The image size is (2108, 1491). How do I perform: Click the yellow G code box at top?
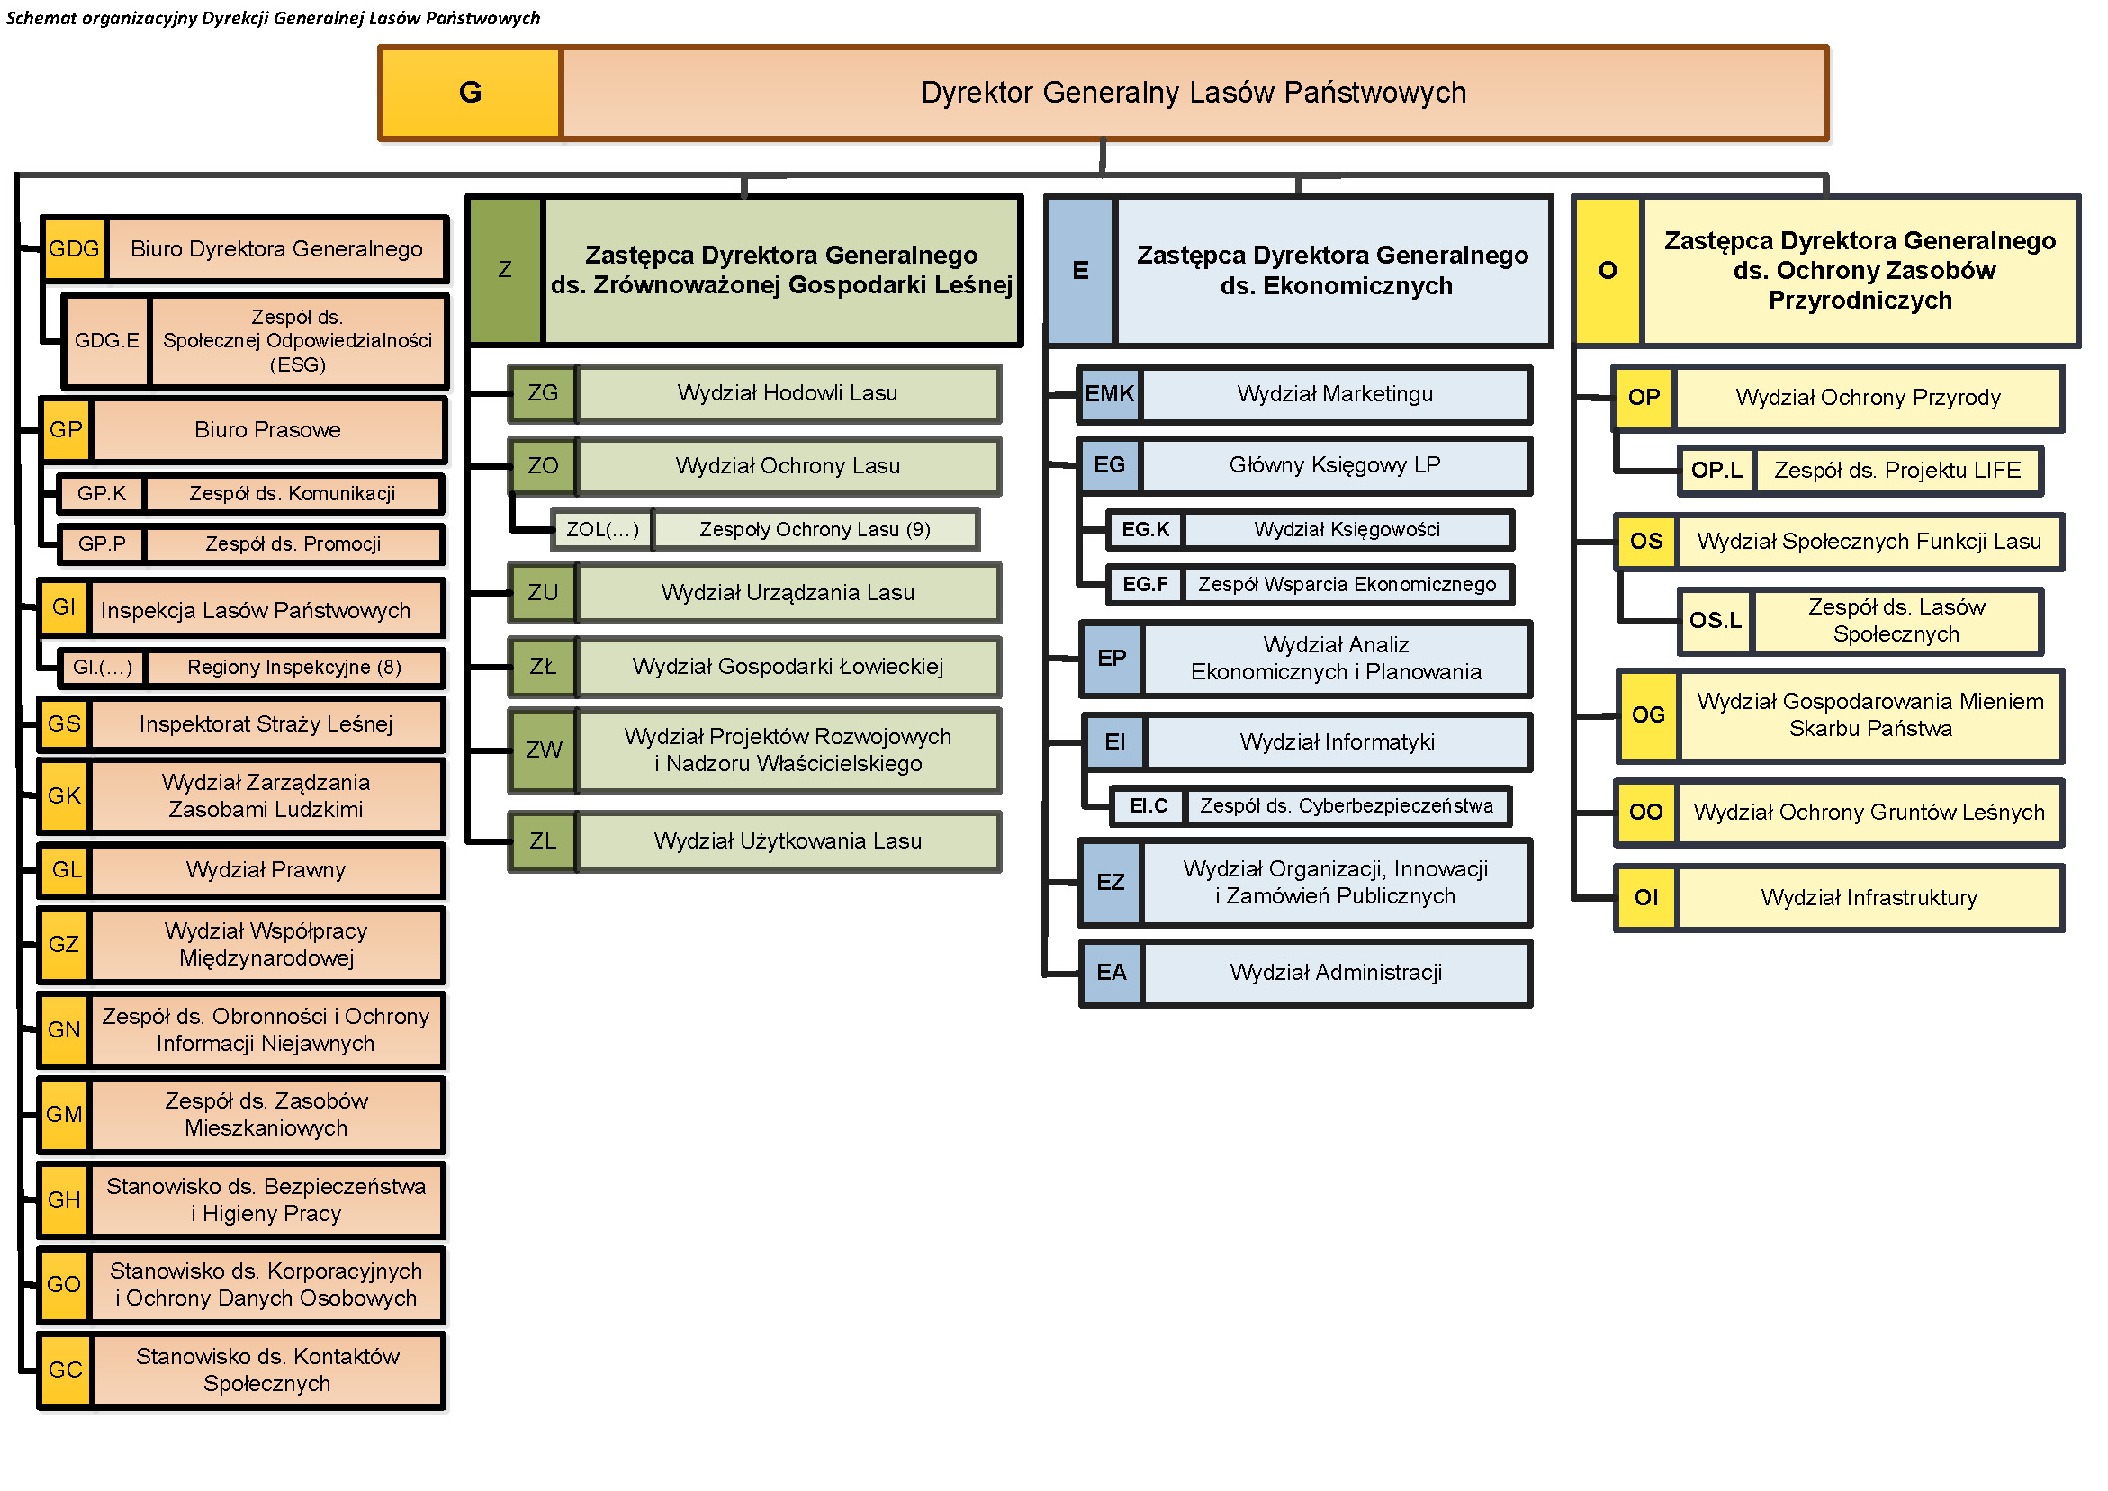point(469,93)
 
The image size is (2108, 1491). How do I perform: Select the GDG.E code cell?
point(106,341)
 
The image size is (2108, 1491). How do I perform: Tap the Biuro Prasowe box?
point(267,430)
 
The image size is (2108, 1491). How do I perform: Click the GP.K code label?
point(101,494)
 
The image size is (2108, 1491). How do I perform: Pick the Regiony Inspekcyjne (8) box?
point(293,668)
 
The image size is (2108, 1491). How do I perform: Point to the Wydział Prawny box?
point(266,870)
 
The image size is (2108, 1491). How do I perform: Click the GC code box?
point(64,1370)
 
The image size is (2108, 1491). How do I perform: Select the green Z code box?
point(505,270)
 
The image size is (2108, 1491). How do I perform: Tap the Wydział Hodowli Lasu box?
point(788,394)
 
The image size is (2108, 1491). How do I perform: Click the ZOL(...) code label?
point(601,530)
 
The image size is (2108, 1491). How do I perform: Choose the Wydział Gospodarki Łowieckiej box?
point(788,667)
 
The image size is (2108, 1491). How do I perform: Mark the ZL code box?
point(543,841)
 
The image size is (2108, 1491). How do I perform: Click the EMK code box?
point(1109,395)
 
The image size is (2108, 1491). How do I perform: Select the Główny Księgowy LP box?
point(1335,465)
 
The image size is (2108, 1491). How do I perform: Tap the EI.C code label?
point(1148,806)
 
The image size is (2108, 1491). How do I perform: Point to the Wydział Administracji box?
point(1336,973)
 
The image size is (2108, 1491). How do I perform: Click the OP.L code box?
point(1716,471)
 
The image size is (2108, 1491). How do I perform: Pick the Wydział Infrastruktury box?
point(1869,898)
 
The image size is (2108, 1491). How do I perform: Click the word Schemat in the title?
point(41,18)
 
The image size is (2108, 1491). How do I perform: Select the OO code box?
point(1645,813)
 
